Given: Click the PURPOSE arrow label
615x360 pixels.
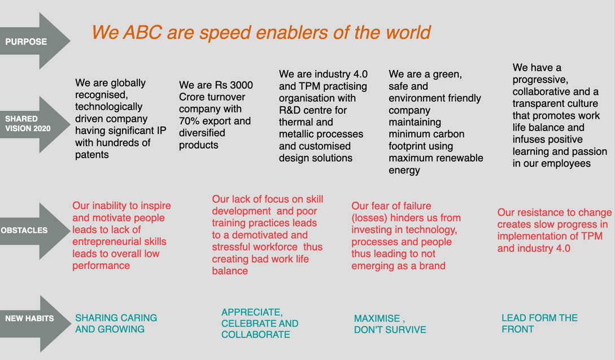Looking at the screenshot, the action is pos(26,42).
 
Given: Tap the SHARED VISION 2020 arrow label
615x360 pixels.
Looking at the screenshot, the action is pos(28,124).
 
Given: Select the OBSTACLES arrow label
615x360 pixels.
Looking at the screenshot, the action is pos(24,231).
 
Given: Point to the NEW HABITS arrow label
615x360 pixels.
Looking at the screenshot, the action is pos(29,318).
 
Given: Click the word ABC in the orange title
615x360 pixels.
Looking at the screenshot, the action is pos(142,32).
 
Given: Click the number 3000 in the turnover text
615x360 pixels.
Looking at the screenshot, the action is pos(241,85).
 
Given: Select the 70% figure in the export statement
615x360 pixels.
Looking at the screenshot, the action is pos(189,121).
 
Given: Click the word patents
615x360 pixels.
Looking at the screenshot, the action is pos(92,155).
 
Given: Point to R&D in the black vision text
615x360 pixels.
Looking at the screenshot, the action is pos(291,110).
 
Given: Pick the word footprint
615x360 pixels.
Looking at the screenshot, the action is pos(407,146).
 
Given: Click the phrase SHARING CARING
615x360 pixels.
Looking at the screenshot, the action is pos(116,318).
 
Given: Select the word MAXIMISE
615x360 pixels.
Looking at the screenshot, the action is pos(377,318).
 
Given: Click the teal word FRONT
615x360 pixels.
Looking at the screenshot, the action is pos(518,329).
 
